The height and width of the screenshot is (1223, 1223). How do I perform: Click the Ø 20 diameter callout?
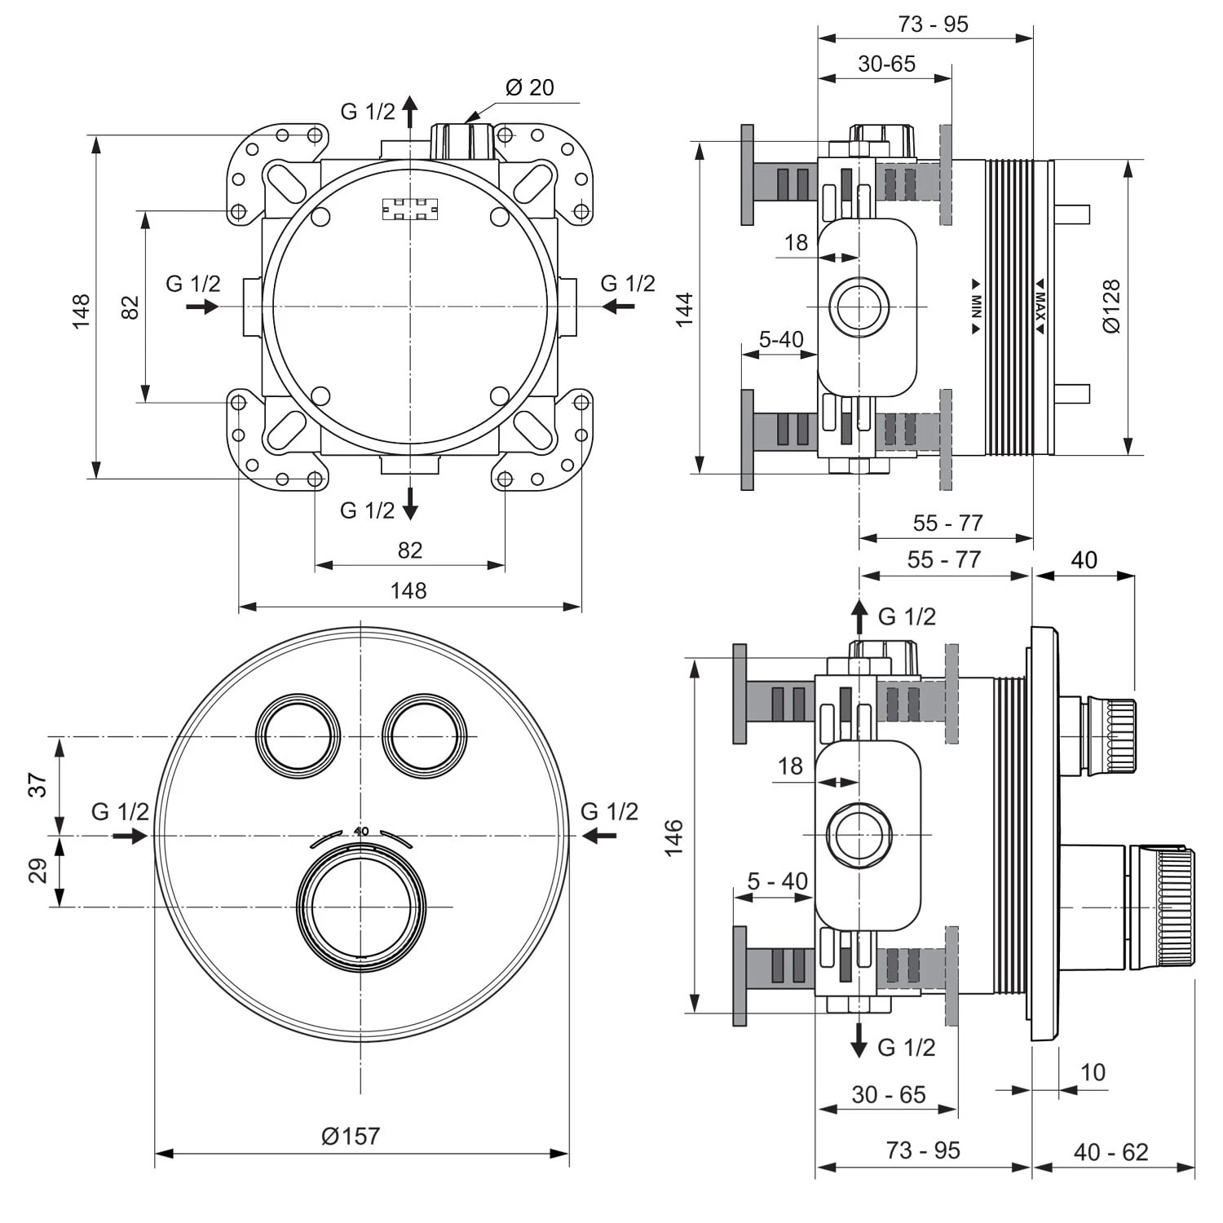click(529, 87)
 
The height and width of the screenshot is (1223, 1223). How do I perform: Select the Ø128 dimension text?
click(1110, 307)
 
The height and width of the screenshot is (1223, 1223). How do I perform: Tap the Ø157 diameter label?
click(351, 1136)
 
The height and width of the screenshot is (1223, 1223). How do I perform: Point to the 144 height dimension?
click(684, 309)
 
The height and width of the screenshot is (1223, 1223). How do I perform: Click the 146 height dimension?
click(673, 838)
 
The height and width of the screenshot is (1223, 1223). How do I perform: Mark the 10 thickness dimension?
click(1092, 1072)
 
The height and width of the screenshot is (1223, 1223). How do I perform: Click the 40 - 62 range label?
click(1110, 1152)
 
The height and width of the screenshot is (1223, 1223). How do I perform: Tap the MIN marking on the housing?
click(976, 307)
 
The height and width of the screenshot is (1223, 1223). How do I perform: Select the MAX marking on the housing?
click(1040, 307)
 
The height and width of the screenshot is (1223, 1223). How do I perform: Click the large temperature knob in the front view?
click(360, 907)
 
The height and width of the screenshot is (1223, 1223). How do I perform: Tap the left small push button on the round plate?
click(298, 735)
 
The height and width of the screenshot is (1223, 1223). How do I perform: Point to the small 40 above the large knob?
click(361, 831)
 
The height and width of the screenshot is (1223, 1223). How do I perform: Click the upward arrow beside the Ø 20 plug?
click(410, 111)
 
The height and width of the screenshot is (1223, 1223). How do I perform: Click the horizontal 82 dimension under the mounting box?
click(409, 550)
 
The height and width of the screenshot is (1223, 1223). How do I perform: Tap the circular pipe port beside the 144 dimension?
click(859, 307)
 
